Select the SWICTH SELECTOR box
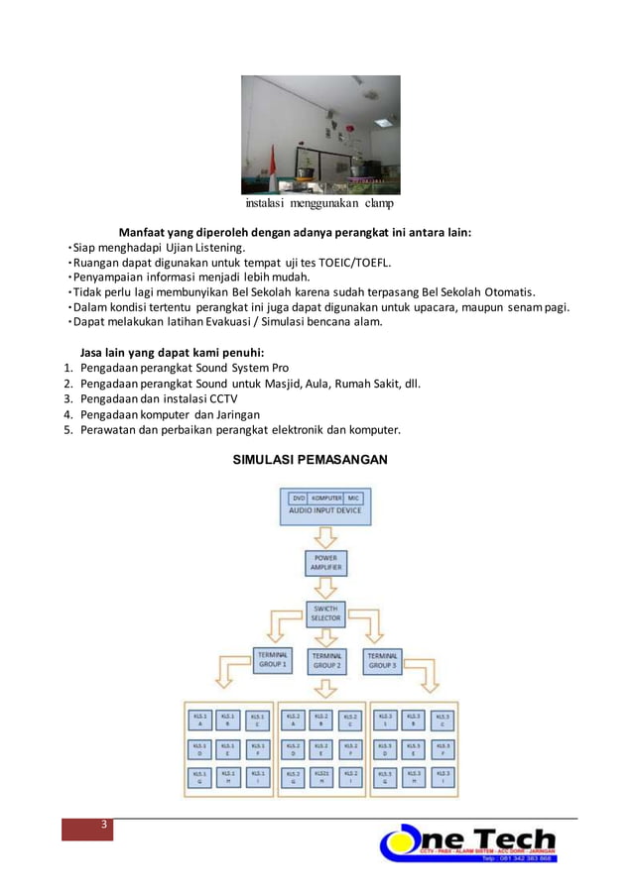(326, 613)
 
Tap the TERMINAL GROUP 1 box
(272, 660)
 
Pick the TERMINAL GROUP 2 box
(326, 661)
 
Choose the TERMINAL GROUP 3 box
(383, 660)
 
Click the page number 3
(100, 828)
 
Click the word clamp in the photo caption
(378, 204)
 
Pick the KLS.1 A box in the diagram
(200, 721)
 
